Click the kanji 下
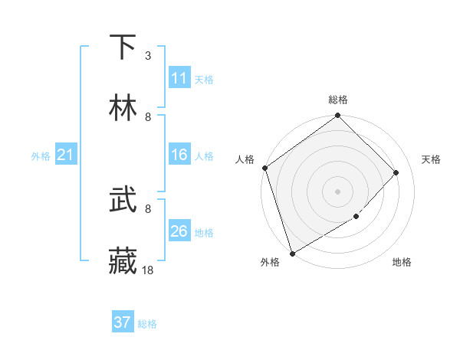[x=123, y=47]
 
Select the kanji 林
[x=123, y=108]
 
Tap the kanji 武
[x=123, y=201]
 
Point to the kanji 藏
[x=123, y=261]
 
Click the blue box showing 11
[x=179, y=78]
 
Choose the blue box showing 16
[x=179, y=155]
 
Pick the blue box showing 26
[x=179, y=231]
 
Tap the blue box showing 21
[x=66, y=155]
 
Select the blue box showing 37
[x=123, y=322]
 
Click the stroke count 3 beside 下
[x=148, y=55]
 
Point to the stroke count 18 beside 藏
[x=148, y=270]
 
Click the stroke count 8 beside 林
[x=148, y=116]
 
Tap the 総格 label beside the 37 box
[x=147, y=324]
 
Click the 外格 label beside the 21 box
[x=41, y=156]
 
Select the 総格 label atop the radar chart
[x=338, y=100]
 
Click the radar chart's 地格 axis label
[x=402, y=263]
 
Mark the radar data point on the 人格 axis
[x=264, y=168]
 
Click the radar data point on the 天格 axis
[x=396, y=172]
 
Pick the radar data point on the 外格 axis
[x=292, y=253]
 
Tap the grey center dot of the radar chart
[x=337, y=191]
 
